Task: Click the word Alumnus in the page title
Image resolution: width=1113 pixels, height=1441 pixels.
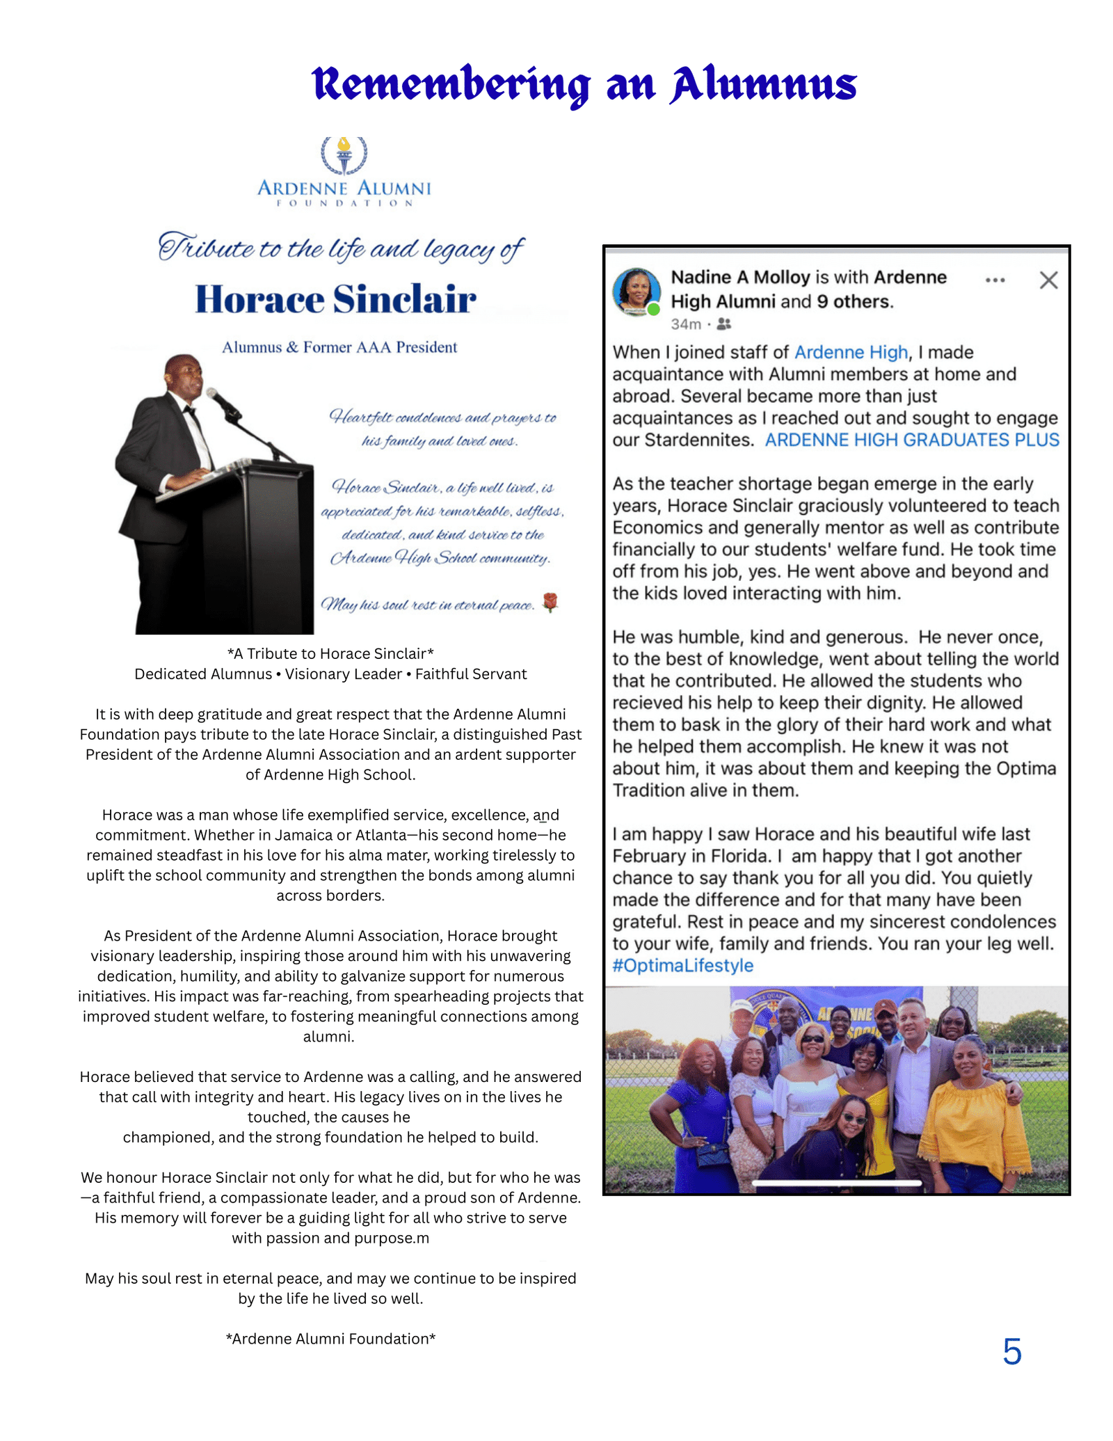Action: [x=763, y=85]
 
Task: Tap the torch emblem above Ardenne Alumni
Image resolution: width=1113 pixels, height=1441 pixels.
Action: [x=344, y=154]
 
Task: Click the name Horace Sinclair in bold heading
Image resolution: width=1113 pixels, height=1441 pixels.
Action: [x=335, y=299]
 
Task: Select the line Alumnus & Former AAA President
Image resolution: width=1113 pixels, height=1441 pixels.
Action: [x=339, y=347]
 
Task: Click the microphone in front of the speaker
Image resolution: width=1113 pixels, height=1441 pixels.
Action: [x=221, y=401]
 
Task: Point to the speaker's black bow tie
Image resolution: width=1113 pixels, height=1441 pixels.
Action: [x=189, y=410]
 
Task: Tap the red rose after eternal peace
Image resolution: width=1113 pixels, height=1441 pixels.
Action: [x=550, y=602]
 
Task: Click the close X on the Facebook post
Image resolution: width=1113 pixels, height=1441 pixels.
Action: [x=1048, y=280]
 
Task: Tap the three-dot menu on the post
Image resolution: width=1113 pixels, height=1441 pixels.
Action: [x=995, y=280]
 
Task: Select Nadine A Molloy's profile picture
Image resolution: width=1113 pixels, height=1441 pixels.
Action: [x=636, y=291]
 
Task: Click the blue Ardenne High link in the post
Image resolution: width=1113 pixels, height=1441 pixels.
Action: [x=851, y=353]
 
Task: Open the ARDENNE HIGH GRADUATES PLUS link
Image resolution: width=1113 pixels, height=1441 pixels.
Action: [x=912, y=440]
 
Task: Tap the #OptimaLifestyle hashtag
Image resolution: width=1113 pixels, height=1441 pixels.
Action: [x=682, y=966]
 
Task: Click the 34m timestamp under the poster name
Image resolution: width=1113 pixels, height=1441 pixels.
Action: [x=686, y=325]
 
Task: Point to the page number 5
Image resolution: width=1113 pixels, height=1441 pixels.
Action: [x=1011, y=1351]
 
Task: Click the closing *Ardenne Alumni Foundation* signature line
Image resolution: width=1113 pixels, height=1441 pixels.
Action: [x=330, y=1339]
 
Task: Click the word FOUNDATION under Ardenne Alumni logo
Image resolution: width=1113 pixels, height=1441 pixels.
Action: [x=345, y=203]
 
